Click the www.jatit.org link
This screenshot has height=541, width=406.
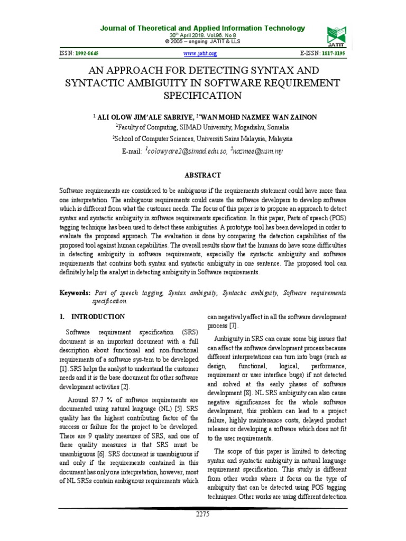200,54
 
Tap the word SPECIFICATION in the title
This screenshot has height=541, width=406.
202,95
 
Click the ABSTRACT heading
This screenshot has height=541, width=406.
203,175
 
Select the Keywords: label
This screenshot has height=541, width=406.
75,293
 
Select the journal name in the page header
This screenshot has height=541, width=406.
202,28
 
